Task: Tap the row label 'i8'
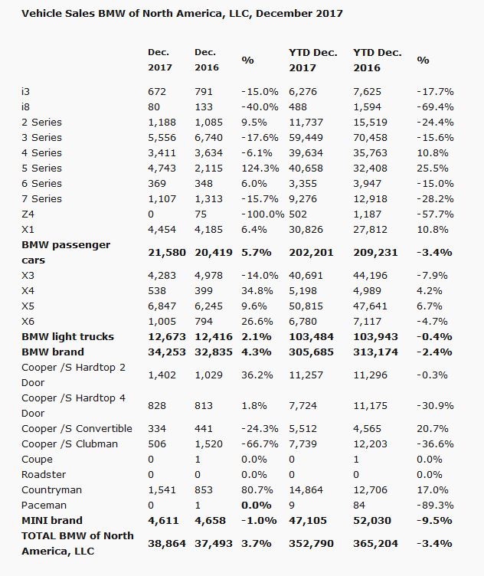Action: [x=26, y=106]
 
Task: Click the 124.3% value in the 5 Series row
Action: [x=259, y=168]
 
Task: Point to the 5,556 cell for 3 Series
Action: [x=162, y=137]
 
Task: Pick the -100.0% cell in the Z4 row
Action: [x=261, y=214]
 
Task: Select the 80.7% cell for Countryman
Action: [x=257, y=489]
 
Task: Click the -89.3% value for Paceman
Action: [x=434, y=505]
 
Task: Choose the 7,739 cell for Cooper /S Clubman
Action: [x=304, y=443]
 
